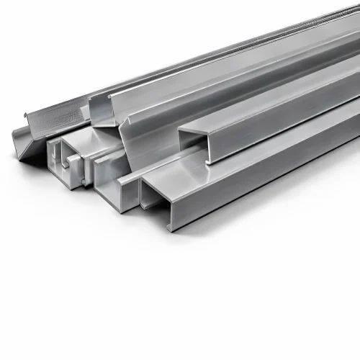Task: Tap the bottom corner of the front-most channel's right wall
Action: [x=171, y=229]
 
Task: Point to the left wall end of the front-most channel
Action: [x=142, y=194]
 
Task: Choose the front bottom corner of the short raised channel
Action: [x=208, y=163]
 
